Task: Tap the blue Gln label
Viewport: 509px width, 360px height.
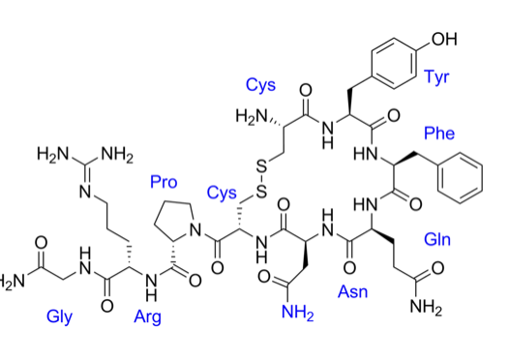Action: click(x=437, y=237)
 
